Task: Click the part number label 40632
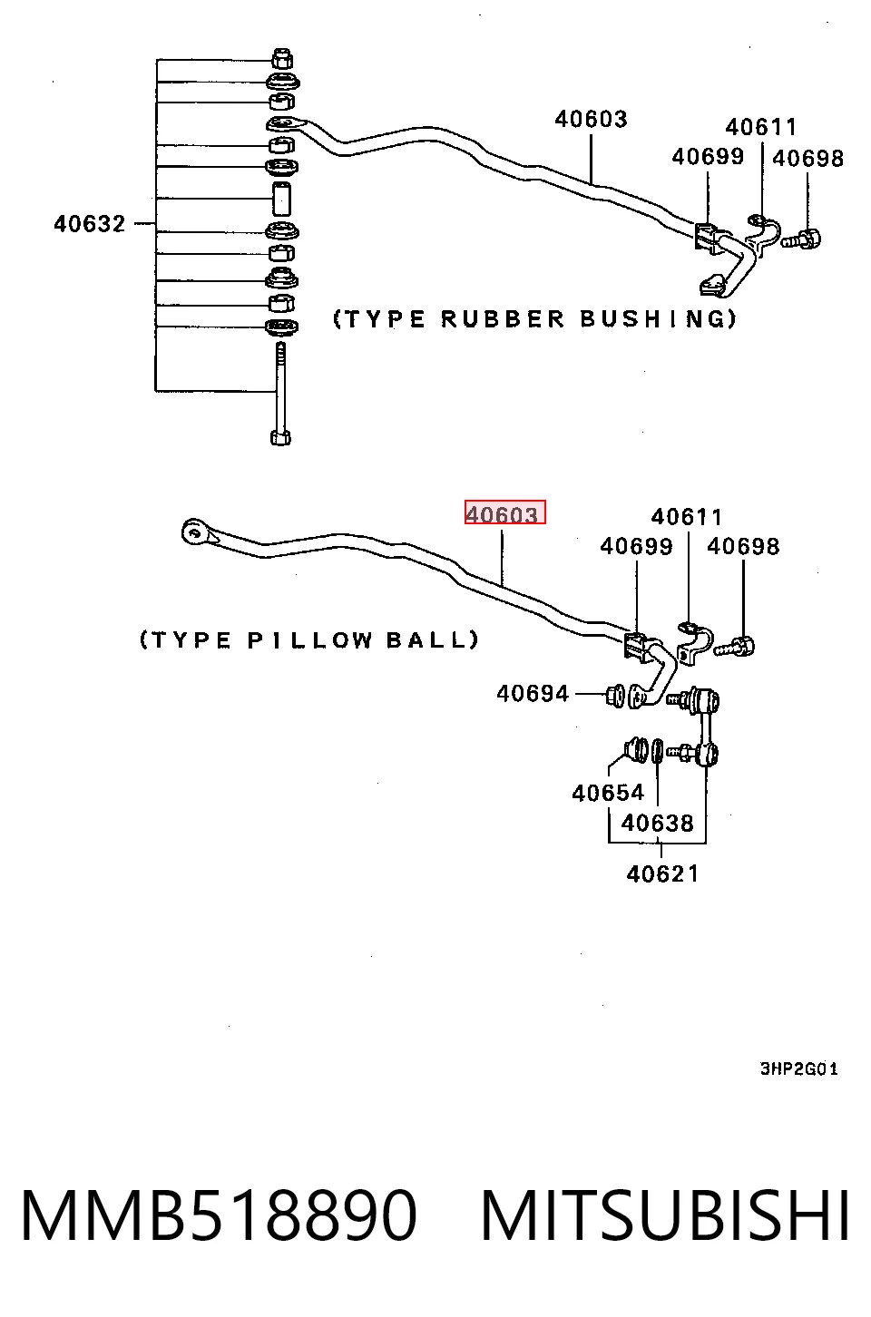tap(90, 224)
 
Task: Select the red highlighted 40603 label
tap(505, 512)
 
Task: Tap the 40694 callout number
tap(533, 694)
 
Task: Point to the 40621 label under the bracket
tap(663, 874)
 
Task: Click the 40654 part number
tap(608, 793)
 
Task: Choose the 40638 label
tap(658, 824)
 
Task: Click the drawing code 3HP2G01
tap(799, 1068)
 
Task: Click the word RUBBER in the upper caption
tap(503, 319)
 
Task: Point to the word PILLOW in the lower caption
tap(310, 640)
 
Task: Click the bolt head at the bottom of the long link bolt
tap(280, 438)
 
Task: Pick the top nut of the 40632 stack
tap(282, 58)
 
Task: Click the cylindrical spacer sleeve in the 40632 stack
tap(281, 200)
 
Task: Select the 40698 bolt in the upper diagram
tap(802, 239)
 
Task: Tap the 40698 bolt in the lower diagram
tap(735, 647)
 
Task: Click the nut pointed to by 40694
tap(614, 696)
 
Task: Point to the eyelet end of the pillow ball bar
tap(193, 532)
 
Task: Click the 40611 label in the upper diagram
tap(761, 127)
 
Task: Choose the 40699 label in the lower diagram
tap(636, 547)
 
